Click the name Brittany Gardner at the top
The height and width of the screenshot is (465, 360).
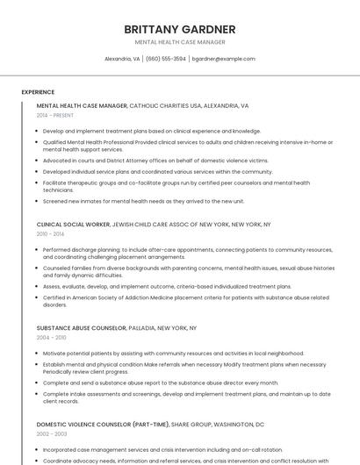(x=180, y=29)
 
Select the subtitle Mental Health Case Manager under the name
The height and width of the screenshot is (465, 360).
(x=180, y=42)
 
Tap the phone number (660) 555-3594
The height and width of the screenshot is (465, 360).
(x=166, y=59)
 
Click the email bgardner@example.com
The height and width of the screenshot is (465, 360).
(x=223, y=59)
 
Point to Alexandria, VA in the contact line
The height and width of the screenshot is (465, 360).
(x=122, y=59)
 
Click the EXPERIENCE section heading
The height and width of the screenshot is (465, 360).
(x=38, y=92)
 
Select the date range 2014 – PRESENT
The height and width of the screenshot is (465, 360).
(x=55, y=115)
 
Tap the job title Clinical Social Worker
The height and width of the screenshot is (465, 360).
(x=73, y=225)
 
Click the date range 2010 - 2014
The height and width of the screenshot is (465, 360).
(x=51, y=234)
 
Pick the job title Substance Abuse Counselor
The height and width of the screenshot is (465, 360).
(x=81, y=328)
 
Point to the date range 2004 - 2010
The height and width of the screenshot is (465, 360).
(x=51, y=338)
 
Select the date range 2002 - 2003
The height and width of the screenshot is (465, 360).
(x=51, y=434)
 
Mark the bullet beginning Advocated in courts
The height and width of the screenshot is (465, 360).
(x=155, y=161)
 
